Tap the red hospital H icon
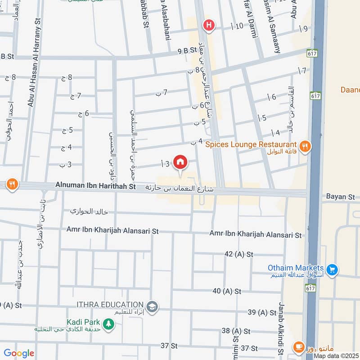(x=208, y=25)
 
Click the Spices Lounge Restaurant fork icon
(x=305, y=146)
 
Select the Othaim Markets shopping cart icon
(x=332, y=270)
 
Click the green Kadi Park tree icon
(x=108, y=323)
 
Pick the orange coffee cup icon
(x=298, y=346)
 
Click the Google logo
(x=18, y=354)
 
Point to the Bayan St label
(x=341, y=197)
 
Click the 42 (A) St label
(x=240, y=254)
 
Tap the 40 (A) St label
(x=228, y=291)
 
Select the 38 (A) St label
(x=236, y=331)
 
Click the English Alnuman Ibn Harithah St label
(x=95, y=185)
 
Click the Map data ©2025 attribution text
(x=336, y=356)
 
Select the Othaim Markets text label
(x=296, y=268)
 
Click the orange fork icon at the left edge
(x=12, y=184)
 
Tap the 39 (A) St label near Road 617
(x=261, y=312)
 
